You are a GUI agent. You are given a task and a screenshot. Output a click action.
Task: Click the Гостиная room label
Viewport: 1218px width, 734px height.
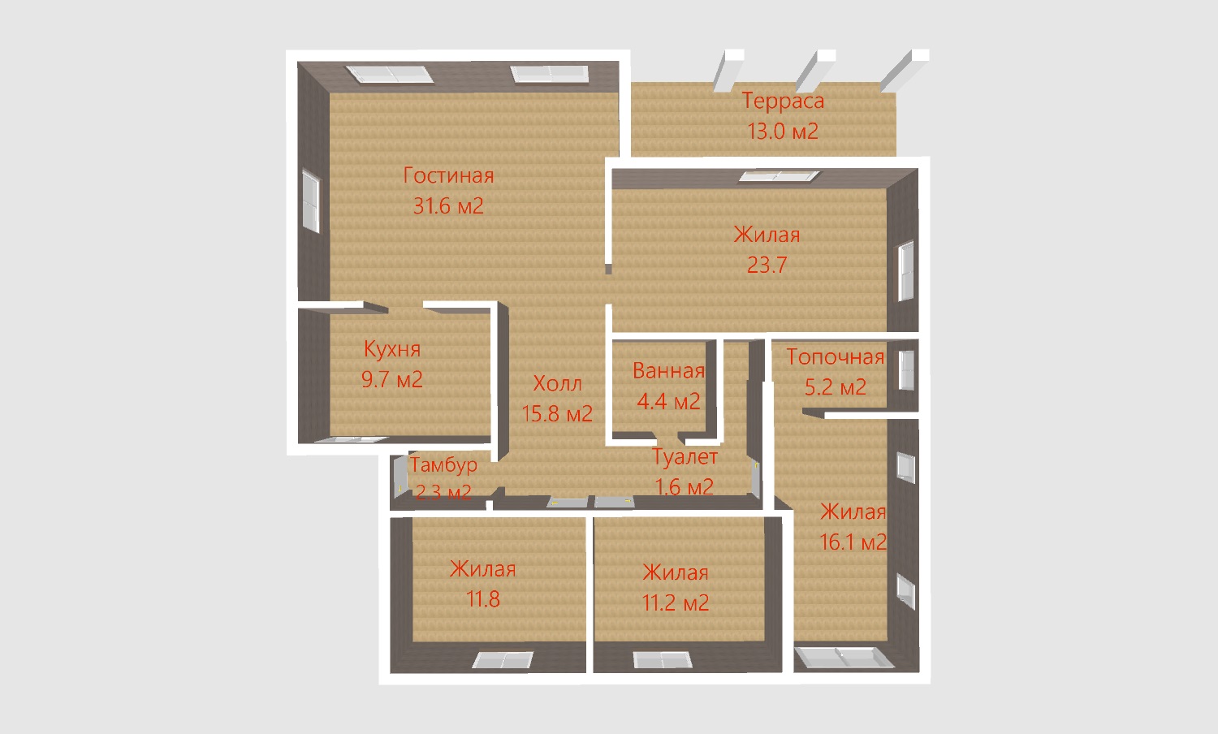click(x=448, y=175)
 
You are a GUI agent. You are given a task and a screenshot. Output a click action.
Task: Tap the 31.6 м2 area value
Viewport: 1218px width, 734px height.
click(x=448, y=206)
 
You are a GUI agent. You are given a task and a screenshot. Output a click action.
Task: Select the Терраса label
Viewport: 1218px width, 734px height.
click(x=783, y=101)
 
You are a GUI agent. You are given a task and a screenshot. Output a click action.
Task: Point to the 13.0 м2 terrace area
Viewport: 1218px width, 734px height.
click(x=783, y=132)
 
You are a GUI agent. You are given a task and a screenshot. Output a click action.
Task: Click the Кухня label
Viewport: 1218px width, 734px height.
click(x=392, y=349)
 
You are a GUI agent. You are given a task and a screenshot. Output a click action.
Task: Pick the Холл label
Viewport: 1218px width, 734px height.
click(x=557, y=383)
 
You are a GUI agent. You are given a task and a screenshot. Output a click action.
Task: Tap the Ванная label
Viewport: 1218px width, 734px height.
click(x=669, y=371)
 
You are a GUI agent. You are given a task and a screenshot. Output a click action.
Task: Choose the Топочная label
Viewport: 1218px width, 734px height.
click(x=836, y=356)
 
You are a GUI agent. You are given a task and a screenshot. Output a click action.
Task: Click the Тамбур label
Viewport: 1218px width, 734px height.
click(x=443, y=465)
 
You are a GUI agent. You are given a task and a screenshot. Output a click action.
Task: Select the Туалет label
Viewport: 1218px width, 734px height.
click(x=685, y=457)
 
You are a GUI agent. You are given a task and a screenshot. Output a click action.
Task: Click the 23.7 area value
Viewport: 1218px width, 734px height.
click(x=767, y=265)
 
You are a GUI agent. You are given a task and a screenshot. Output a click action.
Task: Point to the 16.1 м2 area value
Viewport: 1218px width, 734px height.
click(x=853, y=542)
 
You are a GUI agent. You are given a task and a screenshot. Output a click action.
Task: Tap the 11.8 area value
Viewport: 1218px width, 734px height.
click(x=483, y=599)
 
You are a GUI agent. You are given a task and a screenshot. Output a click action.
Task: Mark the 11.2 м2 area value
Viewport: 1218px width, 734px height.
click(x=676, y=603)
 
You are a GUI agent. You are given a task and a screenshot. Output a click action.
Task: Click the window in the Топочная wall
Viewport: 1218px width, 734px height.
click(x=906, y=370)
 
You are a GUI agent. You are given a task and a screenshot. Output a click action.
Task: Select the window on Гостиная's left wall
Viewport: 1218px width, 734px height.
click(x=311, y=201)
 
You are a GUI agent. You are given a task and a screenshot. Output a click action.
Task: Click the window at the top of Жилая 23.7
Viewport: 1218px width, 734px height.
click(x=779, y=175)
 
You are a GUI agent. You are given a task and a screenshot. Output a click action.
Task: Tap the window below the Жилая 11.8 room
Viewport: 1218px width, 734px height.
click(x=503, y=660)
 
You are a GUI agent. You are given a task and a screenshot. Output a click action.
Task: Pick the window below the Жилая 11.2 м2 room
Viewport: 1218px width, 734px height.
click(x=663, y=660)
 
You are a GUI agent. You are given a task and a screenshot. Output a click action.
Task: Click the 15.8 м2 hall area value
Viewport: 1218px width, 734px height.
click(x=557, y=414)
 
